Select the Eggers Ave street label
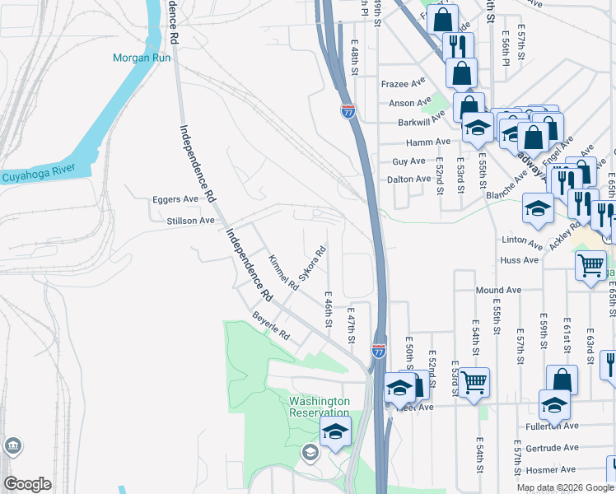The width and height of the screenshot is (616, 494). click(175, 199)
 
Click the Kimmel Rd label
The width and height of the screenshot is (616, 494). click(282, 273)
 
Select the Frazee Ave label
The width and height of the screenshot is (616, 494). click(402, 84)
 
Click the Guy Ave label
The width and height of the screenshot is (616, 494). click(409, 161)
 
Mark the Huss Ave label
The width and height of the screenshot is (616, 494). click(519, 260)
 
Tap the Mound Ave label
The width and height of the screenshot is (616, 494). click(499, 291)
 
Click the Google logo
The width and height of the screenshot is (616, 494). click(27, 484)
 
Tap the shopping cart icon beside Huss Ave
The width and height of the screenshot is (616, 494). click(590, 265)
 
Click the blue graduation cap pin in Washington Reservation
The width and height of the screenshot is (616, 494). click(336, 431)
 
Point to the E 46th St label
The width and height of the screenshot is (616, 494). click(328, 310)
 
